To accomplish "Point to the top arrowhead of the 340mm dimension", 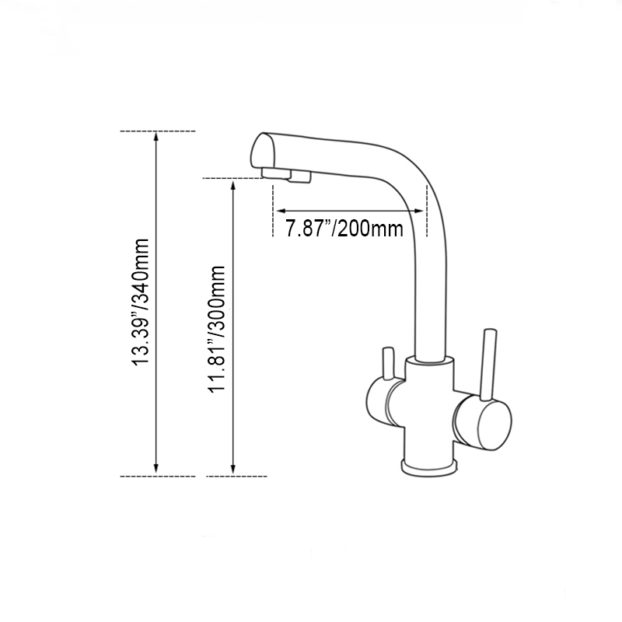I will tap(157, 135).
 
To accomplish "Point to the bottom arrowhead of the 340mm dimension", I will tap(157, 469).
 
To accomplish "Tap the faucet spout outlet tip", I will tap(262, 149).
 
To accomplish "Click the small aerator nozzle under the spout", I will tap(299, 178).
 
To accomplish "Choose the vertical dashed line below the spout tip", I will tap(271, 210).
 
